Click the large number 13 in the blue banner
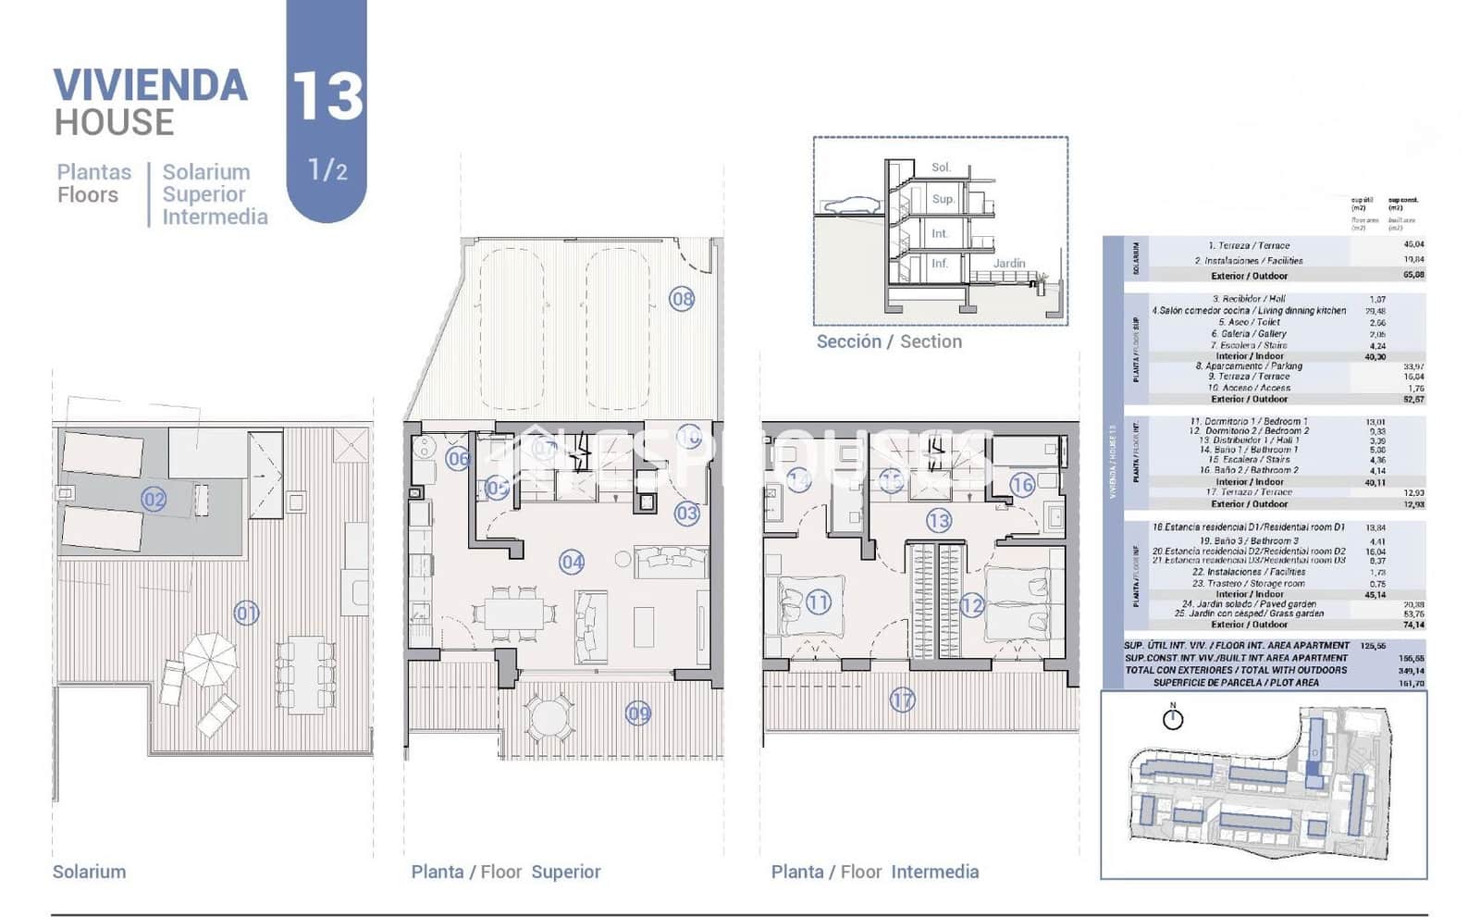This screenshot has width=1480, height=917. point(327,96)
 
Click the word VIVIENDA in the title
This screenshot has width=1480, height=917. point(151,85)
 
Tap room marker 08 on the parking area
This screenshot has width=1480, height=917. point(682,299)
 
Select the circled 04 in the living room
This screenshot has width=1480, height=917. point(572,562)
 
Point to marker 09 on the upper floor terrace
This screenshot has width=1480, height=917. point(638,713)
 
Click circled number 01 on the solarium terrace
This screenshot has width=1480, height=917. point(246,613)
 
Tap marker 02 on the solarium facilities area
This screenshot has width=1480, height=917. point(154,500)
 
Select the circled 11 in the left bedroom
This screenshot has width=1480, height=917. point(819,603)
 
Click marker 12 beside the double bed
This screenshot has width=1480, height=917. point(971,606)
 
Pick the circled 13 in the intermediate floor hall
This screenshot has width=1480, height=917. point(939,521)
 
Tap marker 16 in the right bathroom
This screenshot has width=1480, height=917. point(1021,485)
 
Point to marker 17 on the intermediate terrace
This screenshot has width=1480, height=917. point(903,700)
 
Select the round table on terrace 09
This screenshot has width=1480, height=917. point(548,716)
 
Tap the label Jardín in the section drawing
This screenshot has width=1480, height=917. point(1009,264)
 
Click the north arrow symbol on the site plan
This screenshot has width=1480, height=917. point(1173,718)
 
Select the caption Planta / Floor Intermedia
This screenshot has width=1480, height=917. point(874,872)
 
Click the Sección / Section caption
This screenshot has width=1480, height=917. point(889,341)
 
